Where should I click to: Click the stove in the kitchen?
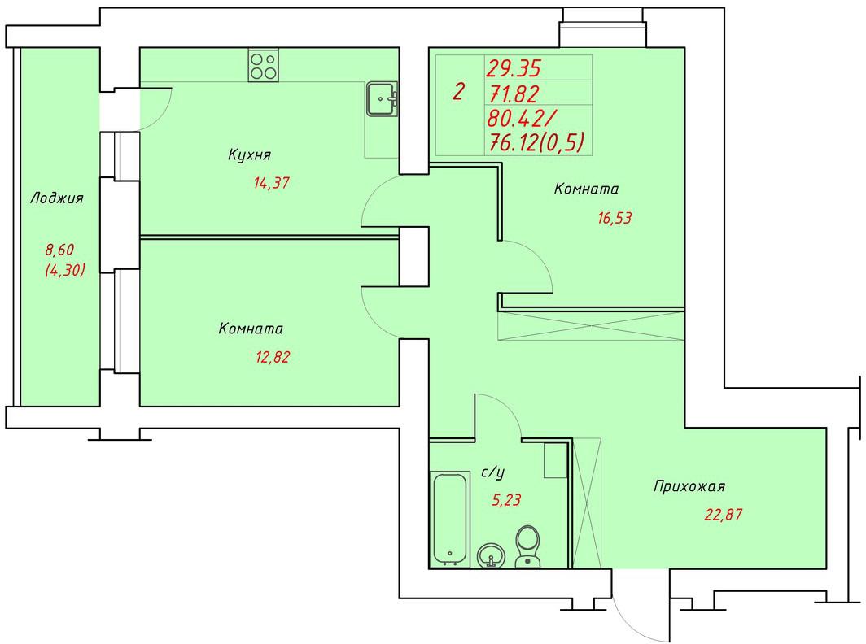(264, 66)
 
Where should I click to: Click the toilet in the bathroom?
(527, 546)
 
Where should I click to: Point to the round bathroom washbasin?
(491, 555)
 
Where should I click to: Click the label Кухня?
(249, 154)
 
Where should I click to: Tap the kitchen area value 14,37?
(271, 183)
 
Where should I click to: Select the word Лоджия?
(56, 198)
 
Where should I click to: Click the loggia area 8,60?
(59, 250)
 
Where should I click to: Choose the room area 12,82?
(273, 357)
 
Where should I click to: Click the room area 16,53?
(615, 218)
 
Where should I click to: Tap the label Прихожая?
(689, 486)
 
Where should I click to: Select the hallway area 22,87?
(723, 515)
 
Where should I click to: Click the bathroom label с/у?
(493, 472)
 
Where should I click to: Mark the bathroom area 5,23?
(506, 500)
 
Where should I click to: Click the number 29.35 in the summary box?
(513, 68)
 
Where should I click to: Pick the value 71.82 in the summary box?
(513, 94)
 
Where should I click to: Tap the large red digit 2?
(458, 91)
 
